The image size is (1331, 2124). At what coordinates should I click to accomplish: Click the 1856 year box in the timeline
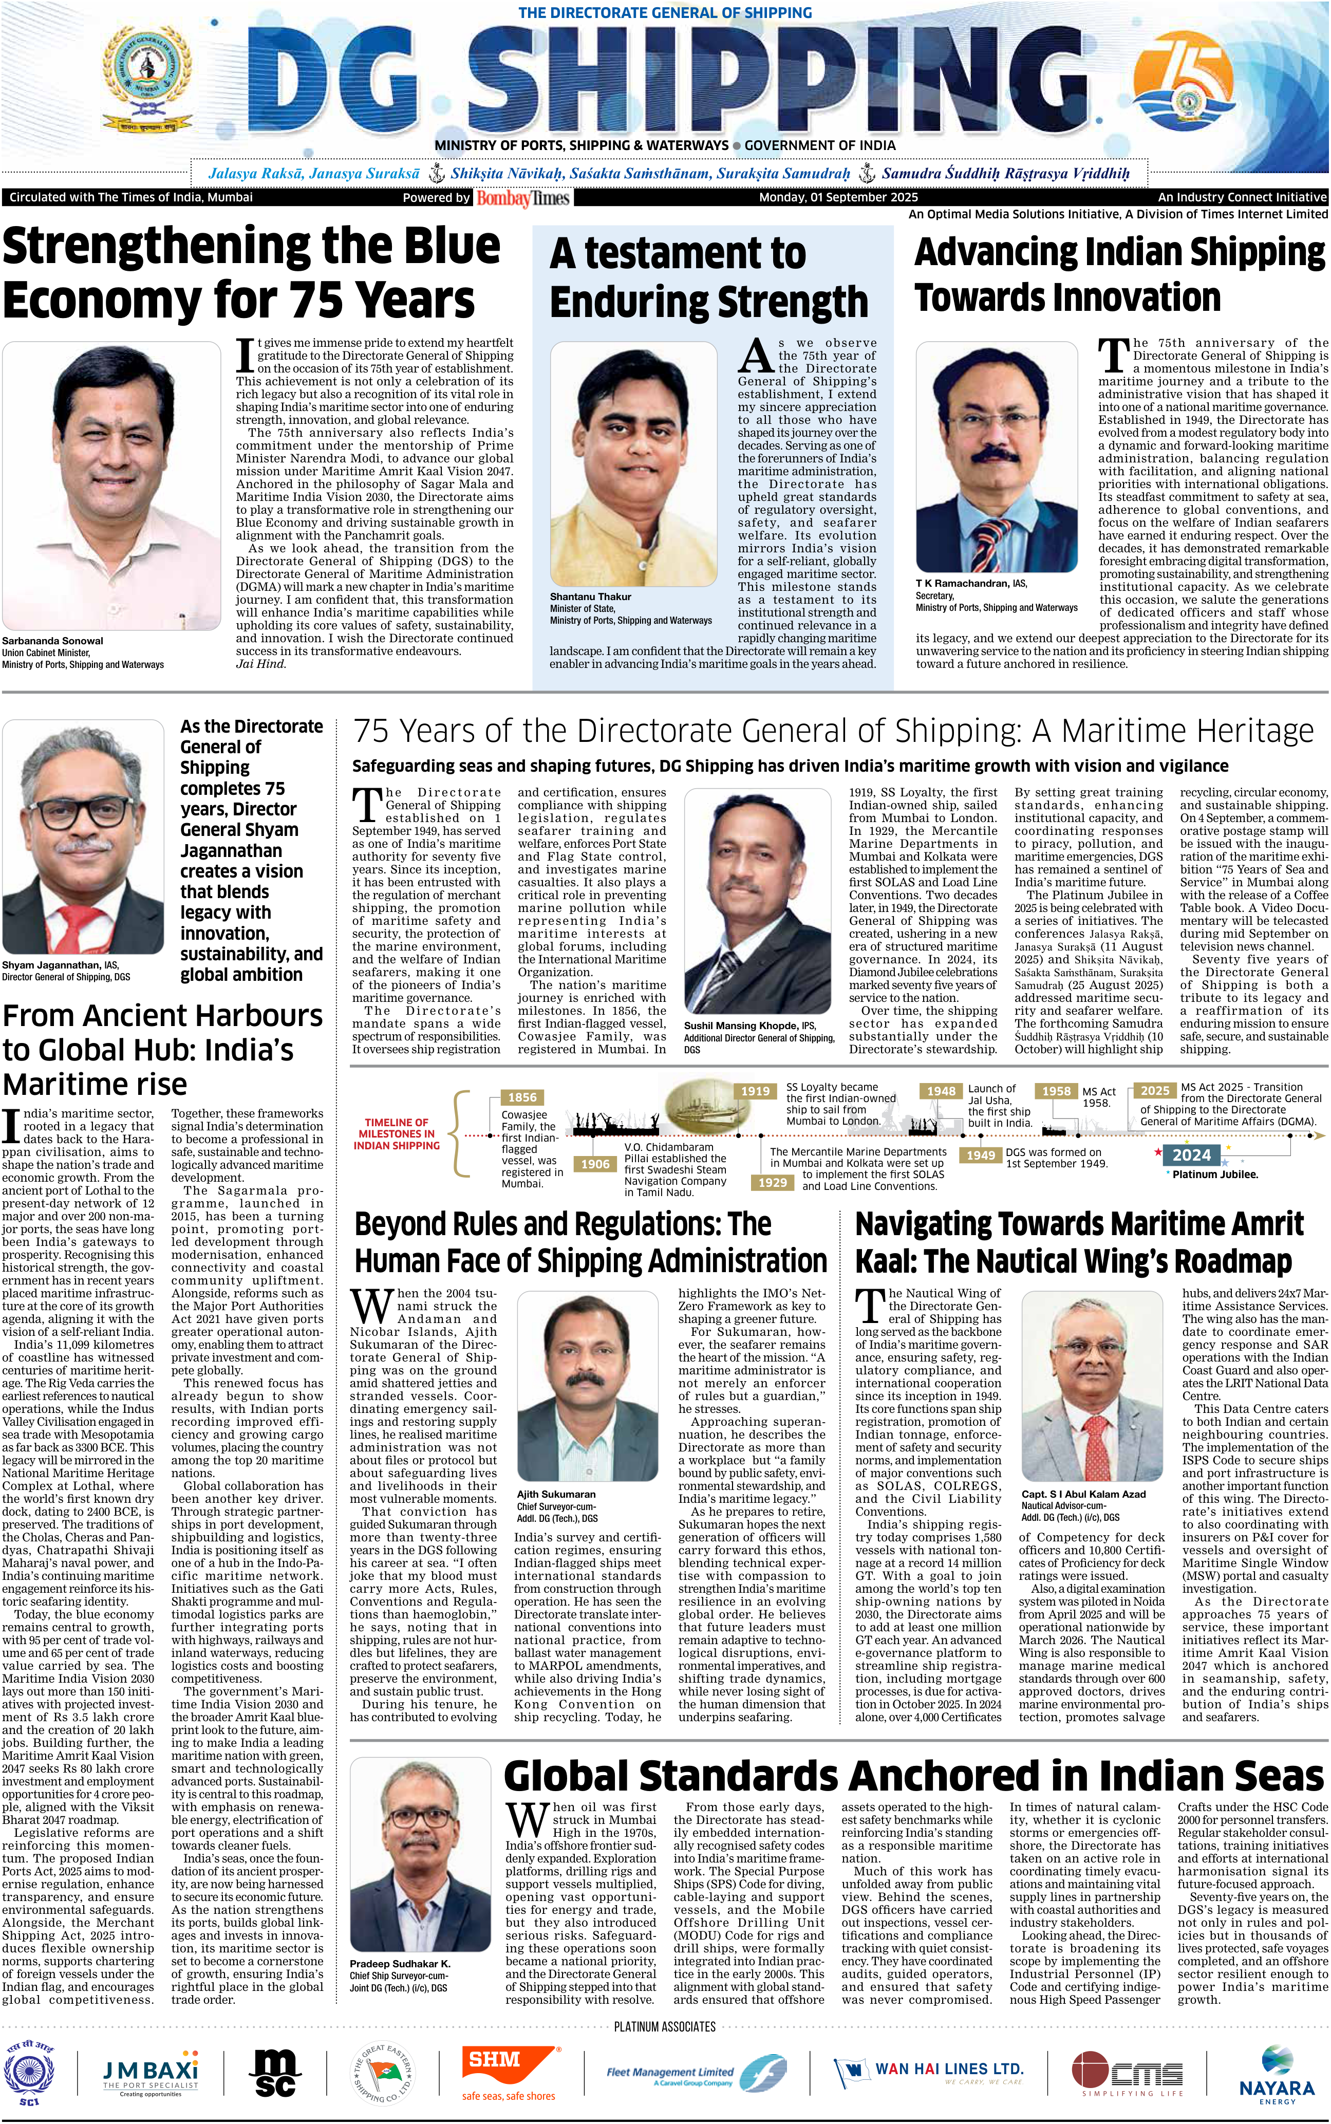tap(522, 1097)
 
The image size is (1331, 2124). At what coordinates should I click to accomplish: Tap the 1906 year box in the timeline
tap(595, 1164)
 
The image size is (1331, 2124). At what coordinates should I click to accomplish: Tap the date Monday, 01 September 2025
tap(838, 197)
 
